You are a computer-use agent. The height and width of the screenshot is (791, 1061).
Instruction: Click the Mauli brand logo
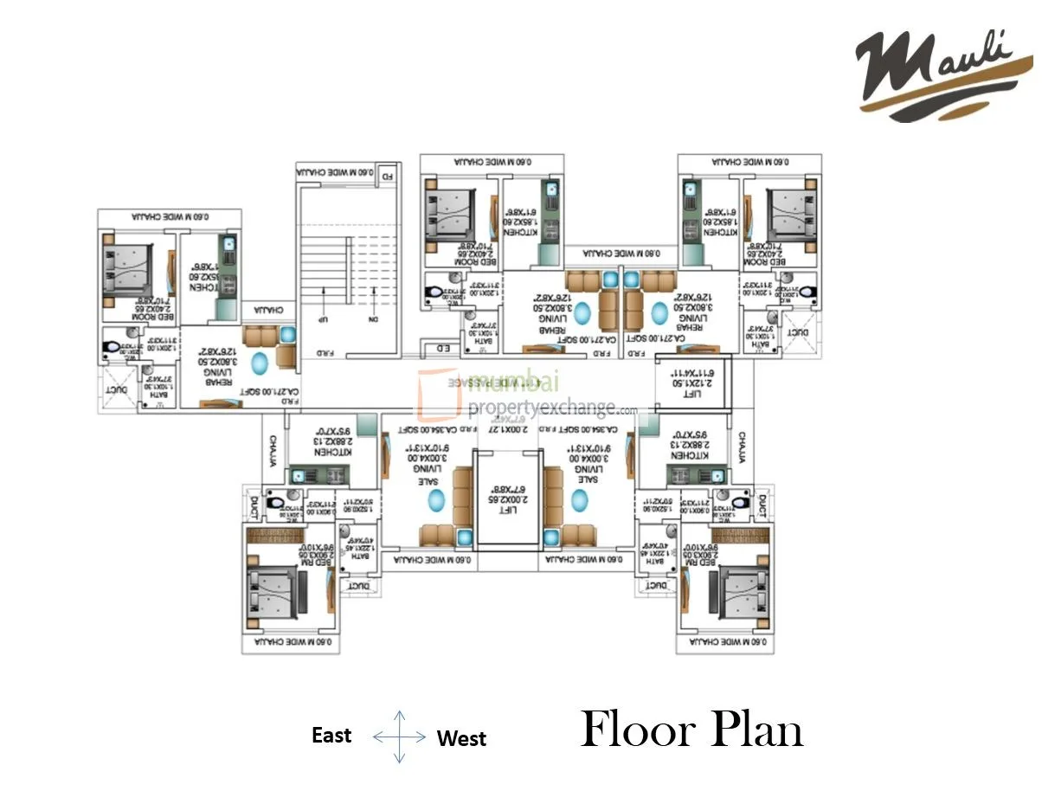[943, 73]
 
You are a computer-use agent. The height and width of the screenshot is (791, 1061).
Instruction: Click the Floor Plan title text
[691, 730]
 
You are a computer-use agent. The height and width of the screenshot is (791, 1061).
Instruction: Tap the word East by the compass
[331, 736]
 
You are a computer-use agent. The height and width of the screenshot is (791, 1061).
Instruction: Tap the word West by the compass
[461, 738]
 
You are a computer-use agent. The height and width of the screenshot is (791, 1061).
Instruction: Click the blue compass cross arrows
[399, 736]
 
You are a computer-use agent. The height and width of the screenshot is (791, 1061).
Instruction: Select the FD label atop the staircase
[388, 175]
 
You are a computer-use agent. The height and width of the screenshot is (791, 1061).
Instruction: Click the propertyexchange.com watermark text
[552, 408]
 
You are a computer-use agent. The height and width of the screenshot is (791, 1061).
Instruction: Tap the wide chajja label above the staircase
[337, 174]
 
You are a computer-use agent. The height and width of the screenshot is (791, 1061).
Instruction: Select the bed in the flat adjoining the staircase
[128, 268]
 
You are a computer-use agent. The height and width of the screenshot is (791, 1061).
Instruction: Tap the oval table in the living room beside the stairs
[258, 362]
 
